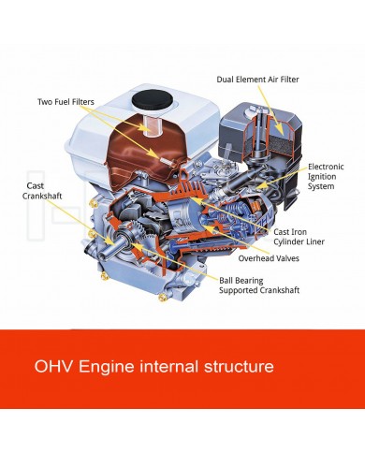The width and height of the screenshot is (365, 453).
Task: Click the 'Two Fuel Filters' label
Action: click(66, 102)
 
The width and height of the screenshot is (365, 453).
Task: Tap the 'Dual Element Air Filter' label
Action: click(257, 80)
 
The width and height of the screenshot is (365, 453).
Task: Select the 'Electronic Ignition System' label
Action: click(326, 176)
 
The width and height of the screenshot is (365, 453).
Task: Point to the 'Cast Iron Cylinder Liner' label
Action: click(299, 237)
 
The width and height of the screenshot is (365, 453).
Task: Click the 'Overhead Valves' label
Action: click(269, 258)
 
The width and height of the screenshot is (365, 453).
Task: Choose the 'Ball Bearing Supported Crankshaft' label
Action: click(259, 285)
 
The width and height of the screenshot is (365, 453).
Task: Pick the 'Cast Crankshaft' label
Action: click(42, 191)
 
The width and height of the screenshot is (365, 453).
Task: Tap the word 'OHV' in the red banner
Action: click(53, 366)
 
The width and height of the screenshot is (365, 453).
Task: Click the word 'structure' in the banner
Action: click(239, 366)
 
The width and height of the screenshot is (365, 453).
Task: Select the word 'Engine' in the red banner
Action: click(106, 367)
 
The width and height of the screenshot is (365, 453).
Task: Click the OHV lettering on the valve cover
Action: click(265, 220)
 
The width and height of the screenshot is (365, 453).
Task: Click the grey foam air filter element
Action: click(280, 141)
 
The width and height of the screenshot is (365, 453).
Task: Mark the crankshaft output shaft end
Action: click(92, 248)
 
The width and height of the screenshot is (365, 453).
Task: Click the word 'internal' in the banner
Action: click(168, 366)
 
